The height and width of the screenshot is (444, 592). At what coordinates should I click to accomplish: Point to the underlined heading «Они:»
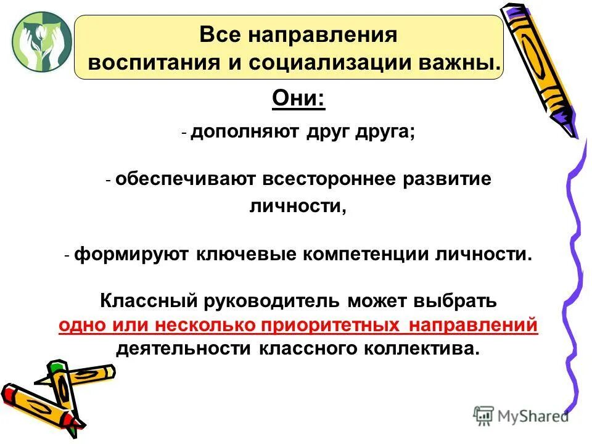point(298,99)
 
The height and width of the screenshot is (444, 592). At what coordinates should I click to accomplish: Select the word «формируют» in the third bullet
point(132,255)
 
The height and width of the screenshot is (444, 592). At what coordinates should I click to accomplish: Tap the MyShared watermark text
point(533,416)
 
